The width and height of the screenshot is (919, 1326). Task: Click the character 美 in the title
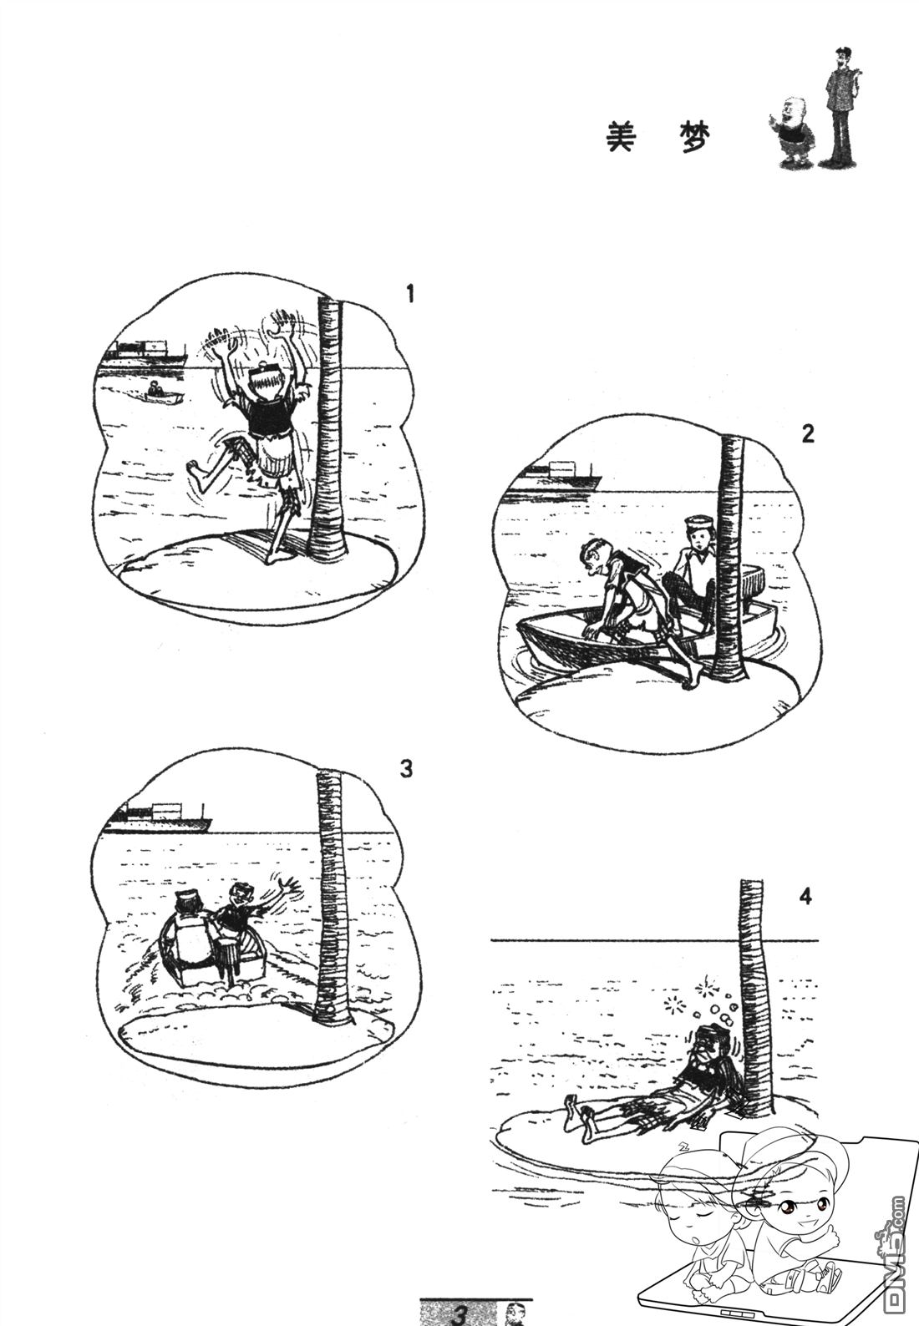coord(620,138)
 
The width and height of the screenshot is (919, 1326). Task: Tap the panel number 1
coord(409,294)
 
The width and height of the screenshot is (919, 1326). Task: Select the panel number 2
coord(808,434)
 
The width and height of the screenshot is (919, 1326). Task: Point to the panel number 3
coord(406,769)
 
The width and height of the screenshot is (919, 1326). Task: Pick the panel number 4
coord(805,896)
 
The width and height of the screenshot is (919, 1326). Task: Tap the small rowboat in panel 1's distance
coord(161,393)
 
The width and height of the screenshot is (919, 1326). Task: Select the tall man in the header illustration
coord(840,107)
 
